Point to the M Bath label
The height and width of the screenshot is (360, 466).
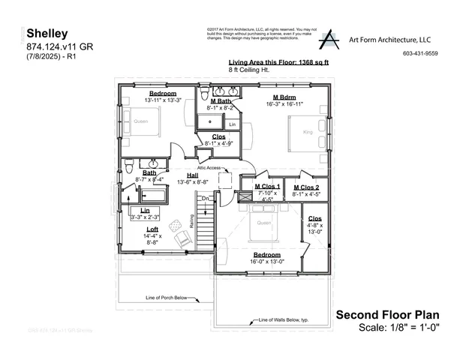point(220,100)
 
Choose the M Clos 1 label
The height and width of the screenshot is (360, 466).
point(267,186)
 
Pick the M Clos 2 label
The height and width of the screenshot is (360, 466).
point(306,187)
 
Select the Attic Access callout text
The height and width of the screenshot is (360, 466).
point(209,167)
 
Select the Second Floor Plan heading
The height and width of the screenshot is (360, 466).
point(387,315)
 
